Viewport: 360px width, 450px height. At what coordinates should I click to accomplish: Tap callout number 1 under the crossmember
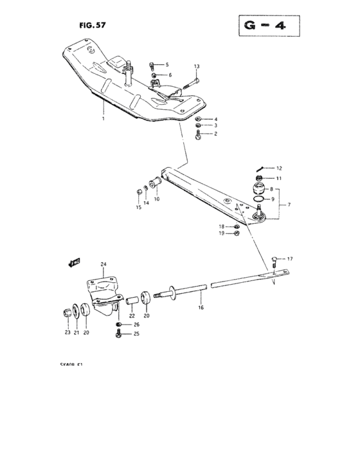102,119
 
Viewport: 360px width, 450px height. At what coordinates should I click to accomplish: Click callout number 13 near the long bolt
197,66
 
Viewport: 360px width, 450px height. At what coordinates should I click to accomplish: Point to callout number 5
166,65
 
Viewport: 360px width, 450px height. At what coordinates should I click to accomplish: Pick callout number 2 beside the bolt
216,134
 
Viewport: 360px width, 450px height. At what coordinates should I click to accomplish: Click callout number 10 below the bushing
156,199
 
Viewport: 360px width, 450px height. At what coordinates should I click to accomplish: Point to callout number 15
138,208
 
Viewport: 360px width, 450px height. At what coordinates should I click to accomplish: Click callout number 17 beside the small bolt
289,258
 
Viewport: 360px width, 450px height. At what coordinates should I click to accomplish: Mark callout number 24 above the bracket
103,264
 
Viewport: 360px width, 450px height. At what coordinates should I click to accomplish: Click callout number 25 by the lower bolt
136,334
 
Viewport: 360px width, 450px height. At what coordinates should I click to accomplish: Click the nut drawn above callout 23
67,312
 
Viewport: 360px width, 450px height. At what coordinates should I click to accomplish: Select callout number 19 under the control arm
222,233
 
